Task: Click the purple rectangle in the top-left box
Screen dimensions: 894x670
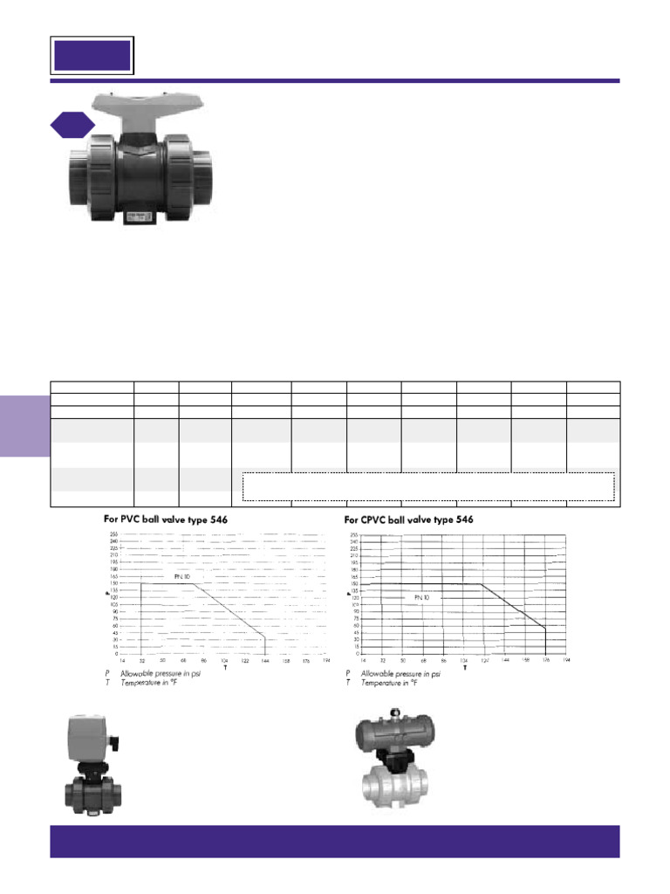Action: (92, 56)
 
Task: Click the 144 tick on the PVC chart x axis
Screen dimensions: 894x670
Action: (265, 661)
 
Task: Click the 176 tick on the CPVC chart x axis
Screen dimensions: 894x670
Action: (546, 661)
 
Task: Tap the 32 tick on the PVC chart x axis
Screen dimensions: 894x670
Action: (141, 661)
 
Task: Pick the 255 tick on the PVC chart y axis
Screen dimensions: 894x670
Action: (113, 534)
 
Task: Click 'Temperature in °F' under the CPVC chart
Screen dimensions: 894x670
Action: (393, 682)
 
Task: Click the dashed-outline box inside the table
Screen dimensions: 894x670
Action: (428, 486)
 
